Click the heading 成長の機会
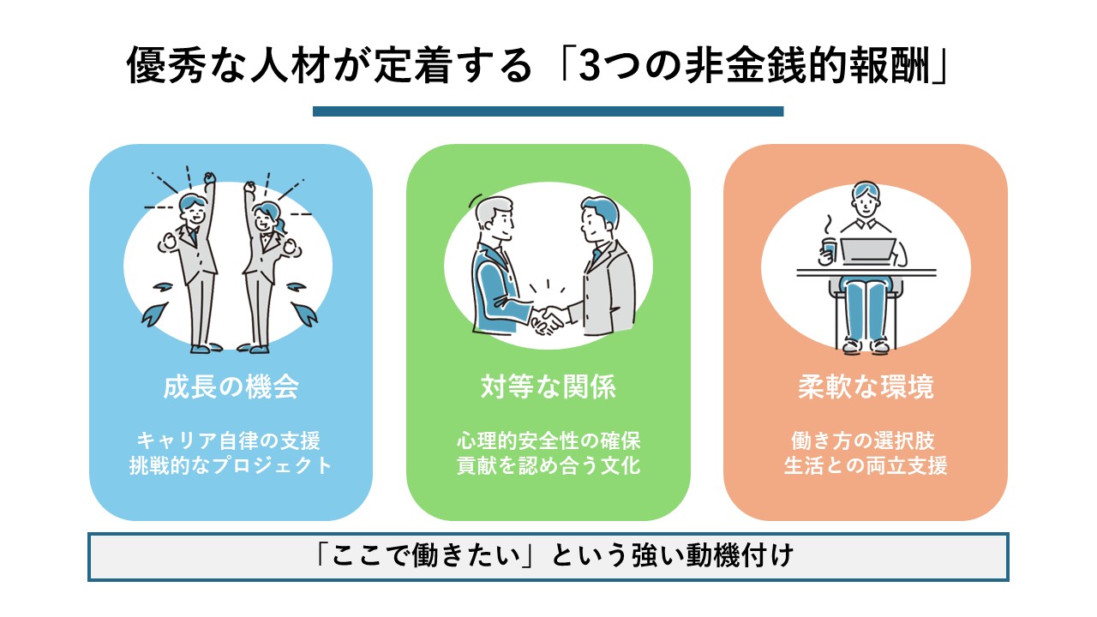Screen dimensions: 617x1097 point(231,387)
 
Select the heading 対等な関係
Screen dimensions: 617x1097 point(548,387)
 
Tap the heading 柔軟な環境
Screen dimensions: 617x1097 point(865,387)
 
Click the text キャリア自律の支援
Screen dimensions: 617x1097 point(230,441)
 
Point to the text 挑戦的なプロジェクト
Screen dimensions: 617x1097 point(230,466)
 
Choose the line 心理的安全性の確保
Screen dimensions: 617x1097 point(548,441)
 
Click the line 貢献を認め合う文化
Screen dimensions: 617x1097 point(548,466)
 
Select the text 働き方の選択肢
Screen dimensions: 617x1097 point(865,441)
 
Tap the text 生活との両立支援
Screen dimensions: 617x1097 point(865,466)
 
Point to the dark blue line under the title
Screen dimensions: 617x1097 point(548,111)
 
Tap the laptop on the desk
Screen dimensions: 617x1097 point(868,252)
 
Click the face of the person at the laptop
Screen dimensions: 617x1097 point(866,202)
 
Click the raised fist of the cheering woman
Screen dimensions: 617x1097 point(249,187)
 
